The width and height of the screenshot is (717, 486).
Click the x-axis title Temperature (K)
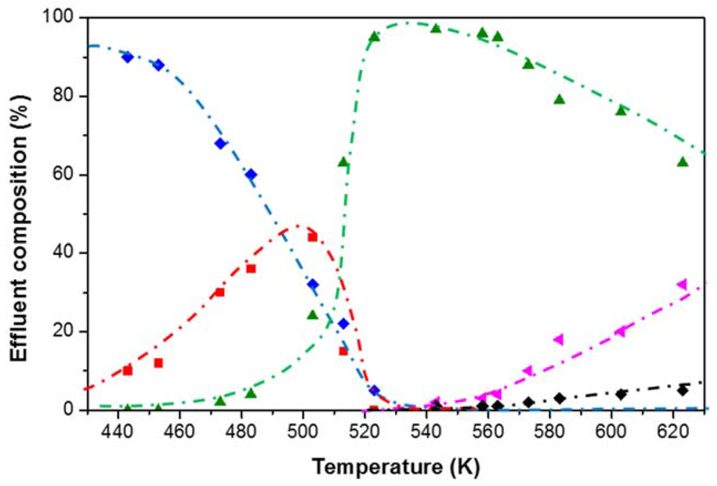pyautogui.click(x=396, y=465)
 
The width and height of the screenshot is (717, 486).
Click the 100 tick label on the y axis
pyautogui.click(x=63, y=18)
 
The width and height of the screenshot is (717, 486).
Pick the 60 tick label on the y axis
pyautogui.click(x=67, y=174)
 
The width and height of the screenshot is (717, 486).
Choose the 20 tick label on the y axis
pyautogui.click(x=67, y=331)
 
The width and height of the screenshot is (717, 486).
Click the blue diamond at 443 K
pyautogui.click(x=127, y=57)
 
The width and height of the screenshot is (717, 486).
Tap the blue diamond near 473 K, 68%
pyautogui.click(x=220, y=144)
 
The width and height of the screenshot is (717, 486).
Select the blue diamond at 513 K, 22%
pyautogui.click(x=343, y=324)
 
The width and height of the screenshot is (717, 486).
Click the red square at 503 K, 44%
pyautogui.click(x=312, y=237)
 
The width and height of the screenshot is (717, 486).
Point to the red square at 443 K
pyautogui.click(x=127, y=370)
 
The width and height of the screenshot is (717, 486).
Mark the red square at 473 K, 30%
pyautogui.click(x=220, y=292)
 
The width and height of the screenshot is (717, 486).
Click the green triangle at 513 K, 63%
pyautogui.click(x=343, y=162)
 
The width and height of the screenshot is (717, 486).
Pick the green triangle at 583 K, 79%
pyautogui.click(x=559, y=99)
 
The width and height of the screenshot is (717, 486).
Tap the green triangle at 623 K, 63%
pyautogui.click(x=682, y=162)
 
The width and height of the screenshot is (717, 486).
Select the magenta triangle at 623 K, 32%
pyautogui.click(x=682, y=284)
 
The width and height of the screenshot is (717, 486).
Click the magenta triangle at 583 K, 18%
pyautogui.click(x=559, y=340)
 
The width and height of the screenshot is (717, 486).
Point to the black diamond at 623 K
pyautogui.click(x=682, y=390)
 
